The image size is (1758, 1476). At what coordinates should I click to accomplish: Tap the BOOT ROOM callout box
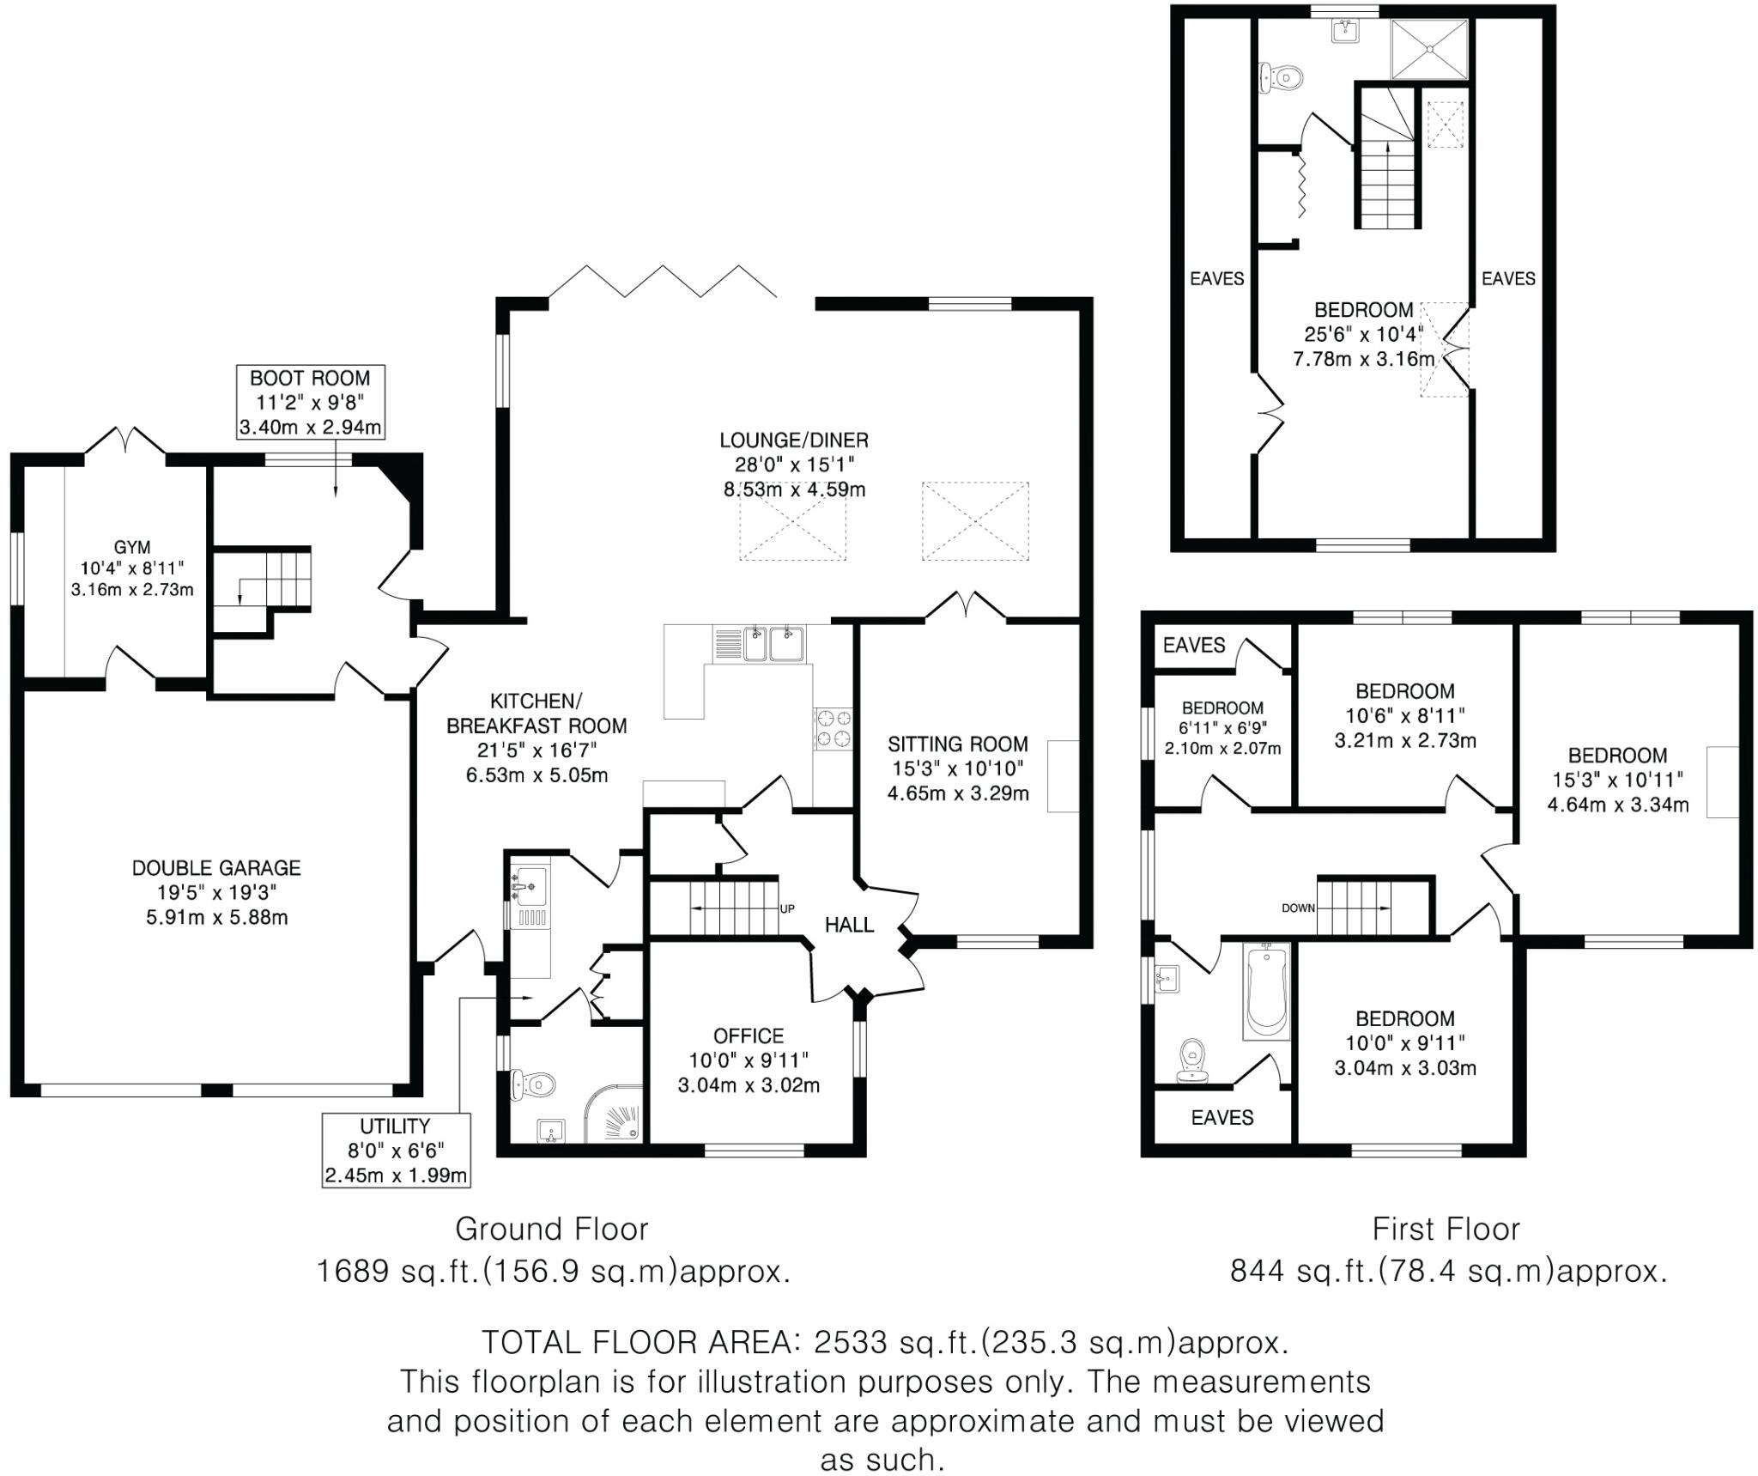311,402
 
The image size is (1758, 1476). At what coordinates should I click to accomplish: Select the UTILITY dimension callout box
396,1150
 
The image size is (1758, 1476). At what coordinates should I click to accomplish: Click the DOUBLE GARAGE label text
216,867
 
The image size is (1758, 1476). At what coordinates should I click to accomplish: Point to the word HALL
849,925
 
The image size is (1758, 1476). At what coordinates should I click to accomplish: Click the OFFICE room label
749,1036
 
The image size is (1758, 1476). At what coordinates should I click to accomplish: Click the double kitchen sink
773,644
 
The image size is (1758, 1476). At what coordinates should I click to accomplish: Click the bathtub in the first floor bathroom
1266,990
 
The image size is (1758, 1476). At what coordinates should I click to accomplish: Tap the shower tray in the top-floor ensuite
1429,49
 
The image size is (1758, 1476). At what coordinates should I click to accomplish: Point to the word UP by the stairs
786,908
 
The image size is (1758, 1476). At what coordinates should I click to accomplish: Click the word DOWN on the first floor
1298,908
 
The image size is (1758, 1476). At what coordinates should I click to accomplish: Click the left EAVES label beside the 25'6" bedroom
1216,278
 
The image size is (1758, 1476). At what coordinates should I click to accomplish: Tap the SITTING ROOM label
957,744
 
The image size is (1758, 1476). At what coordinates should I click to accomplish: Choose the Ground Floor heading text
551,1230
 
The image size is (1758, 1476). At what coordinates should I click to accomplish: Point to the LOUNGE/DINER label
794,440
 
